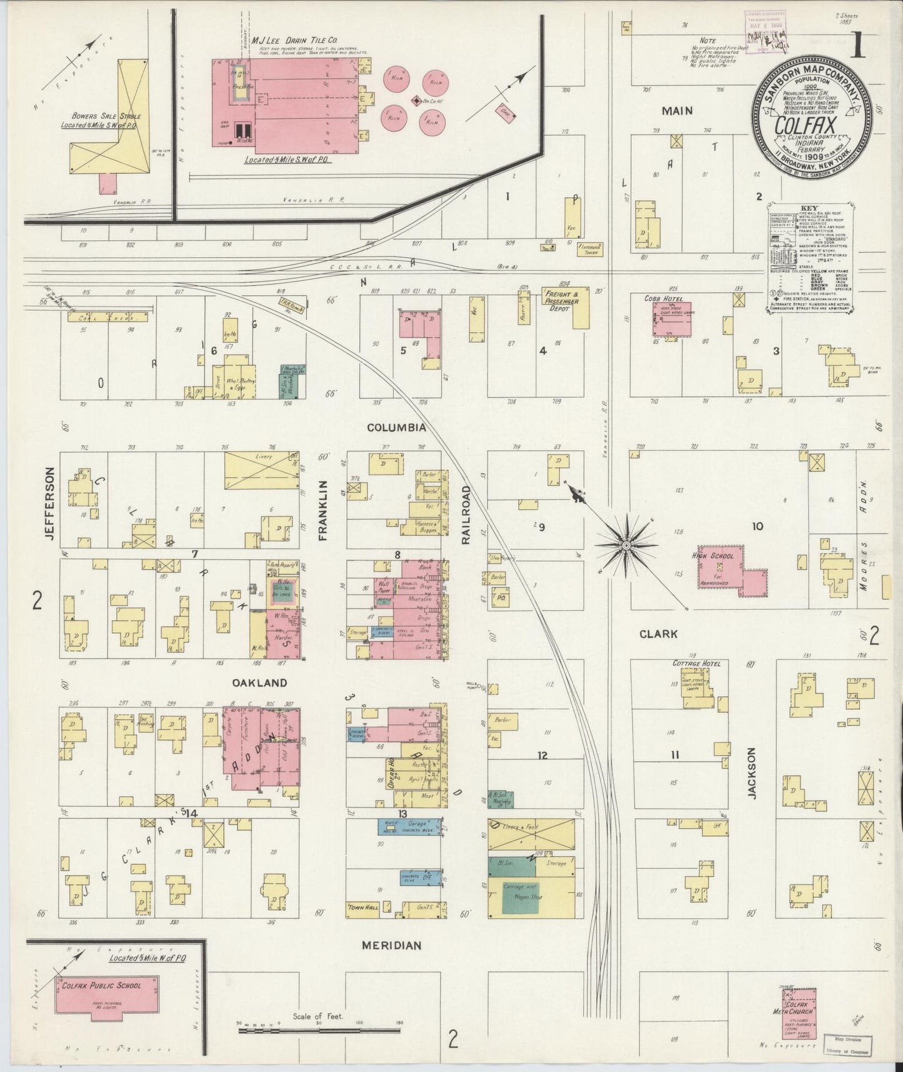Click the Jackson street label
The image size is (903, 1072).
(x=752, y=772)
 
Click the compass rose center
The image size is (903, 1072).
(x=624, y=546)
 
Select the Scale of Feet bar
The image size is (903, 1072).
(x=319, y=1030)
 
